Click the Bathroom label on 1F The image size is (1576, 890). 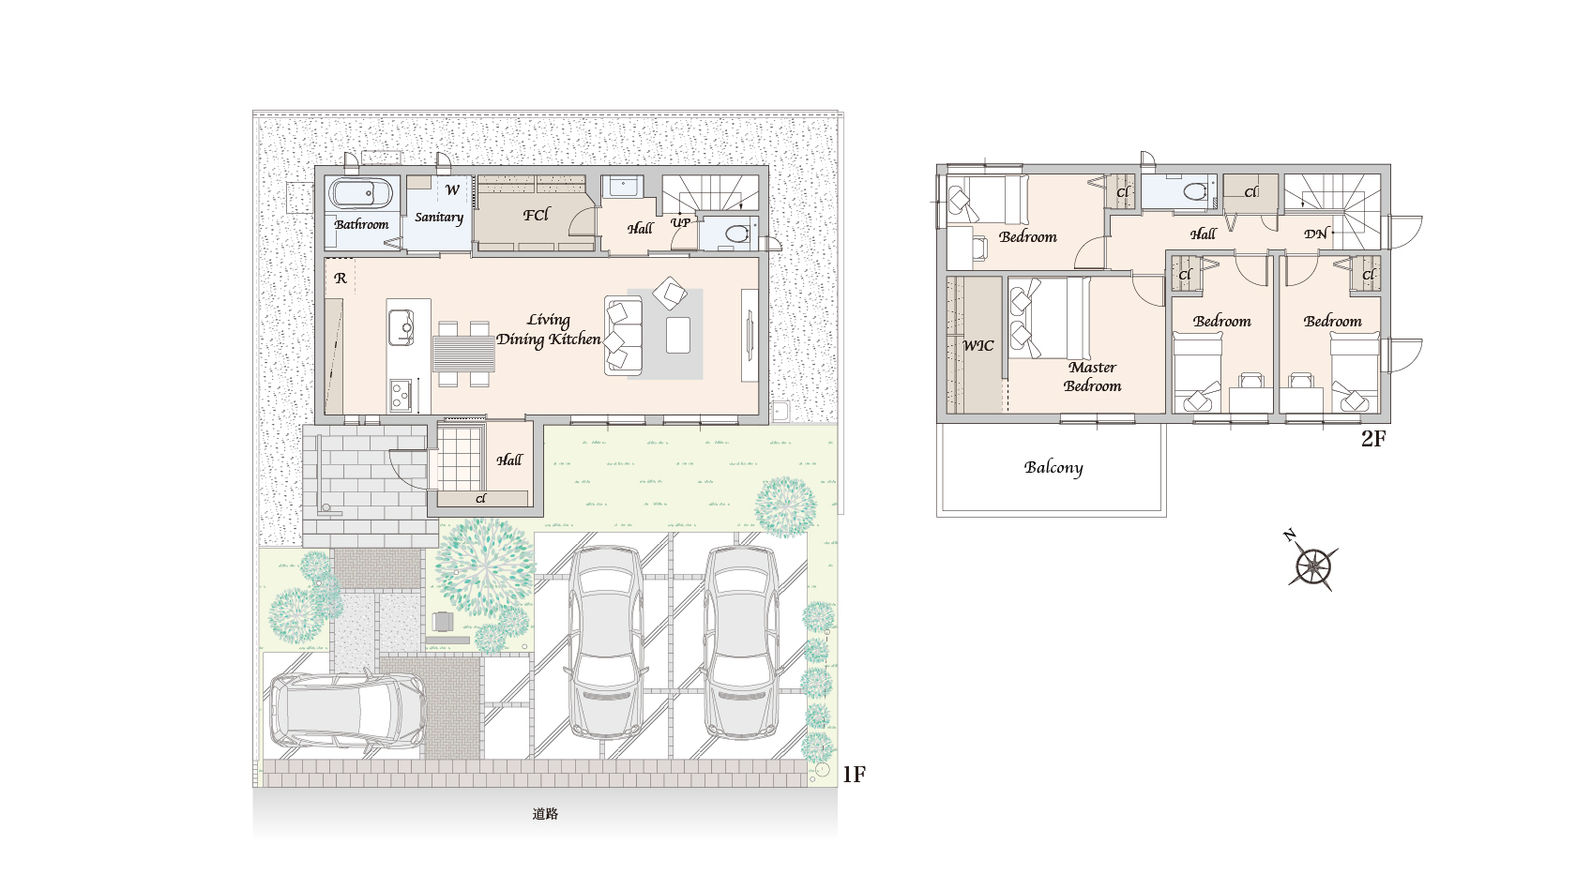pyautogui.click(x=362, y=224)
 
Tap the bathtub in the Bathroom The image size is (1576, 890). pyautogui.click(x=361, y=193)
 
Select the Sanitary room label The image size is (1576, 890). pyautogui.click(x=439, y=218)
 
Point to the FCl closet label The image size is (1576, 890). pyautogui.click(x=537, y=215)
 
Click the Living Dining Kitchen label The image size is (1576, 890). pyautogui.click(x=549, y=330)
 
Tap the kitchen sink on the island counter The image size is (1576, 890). pyautogui.click(x=402, y=328)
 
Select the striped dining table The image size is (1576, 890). pyautogui.click(x=463, y=354)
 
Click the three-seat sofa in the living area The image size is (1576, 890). pyautogui.click(x=623, y=335)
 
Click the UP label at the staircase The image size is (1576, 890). pyautogui.click(x=680, y=222)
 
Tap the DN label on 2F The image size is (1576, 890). pyautogui.click(x=1315, y=234)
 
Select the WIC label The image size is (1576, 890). pyautogui.click(x=977, y=345)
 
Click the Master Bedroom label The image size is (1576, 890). pyautogui.click(x=1093, y=376)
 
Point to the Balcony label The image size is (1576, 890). pyautogui.click(x=1053, y=468)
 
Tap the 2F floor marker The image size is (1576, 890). pyautogui.click(x=1373, y=439)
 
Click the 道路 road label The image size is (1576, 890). pyautogui.click(x=545, y=814)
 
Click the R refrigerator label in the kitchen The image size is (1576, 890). pyautogui.click(x=341, y=278)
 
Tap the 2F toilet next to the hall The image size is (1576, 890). pyautogui.click(x=1195, y=191)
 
